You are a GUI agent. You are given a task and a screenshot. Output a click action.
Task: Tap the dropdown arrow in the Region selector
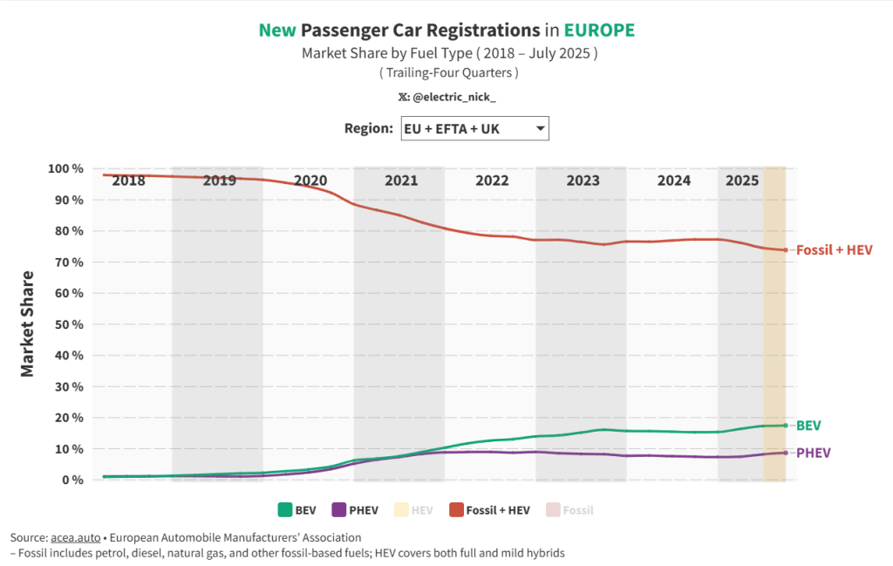(540, 129)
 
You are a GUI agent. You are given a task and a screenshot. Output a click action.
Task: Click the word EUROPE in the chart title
(598, 31)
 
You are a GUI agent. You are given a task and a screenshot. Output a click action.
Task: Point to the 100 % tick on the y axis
(65, 168)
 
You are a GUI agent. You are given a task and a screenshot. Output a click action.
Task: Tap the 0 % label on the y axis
(72, 480)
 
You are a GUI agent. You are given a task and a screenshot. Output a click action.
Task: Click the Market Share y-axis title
(27, 324)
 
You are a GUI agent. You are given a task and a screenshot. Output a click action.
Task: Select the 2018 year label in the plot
(129, 181)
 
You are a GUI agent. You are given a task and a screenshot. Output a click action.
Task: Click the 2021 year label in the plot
(401, 181)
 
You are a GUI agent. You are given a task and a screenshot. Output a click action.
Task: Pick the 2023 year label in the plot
(583, 181)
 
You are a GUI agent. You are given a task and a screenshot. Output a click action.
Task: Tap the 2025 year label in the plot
(742, 181)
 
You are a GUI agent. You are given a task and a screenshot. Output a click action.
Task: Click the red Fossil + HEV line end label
(835, 250)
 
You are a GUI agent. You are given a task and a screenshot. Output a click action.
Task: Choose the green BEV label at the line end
(808, 426)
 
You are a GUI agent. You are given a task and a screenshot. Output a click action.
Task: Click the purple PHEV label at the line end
(813, 453)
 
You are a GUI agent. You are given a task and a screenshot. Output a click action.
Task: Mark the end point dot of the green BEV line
(786, 426)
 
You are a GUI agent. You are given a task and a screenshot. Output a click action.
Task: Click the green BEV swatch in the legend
(284, 510)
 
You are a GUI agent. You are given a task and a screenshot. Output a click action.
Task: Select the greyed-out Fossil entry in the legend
(578, 510)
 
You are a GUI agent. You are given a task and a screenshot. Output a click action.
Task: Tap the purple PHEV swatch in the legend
(339, 510)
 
